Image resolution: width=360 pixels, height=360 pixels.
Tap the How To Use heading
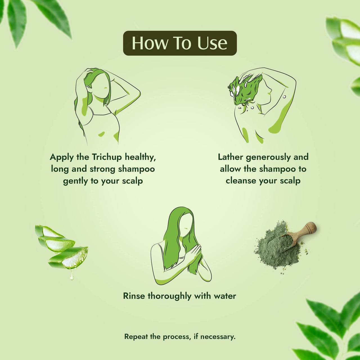[180, 43]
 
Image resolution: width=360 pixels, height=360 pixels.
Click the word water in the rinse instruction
[225, 296]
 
